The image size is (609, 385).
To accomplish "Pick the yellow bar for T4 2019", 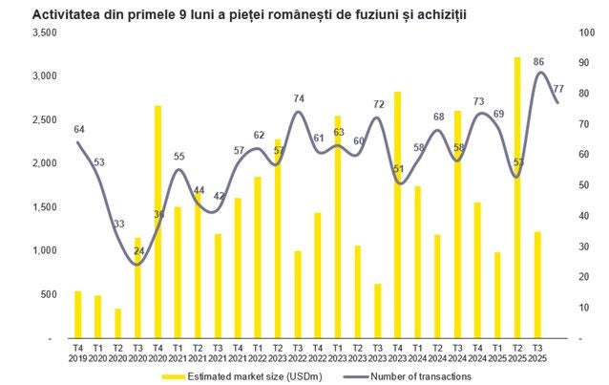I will pyautogui.click(x=78, y=314).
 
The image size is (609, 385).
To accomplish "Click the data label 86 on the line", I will pyautogui.click(x=538, y=62).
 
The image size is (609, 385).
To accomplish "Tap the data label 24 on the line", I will pyautogui.click(x=138, y=251).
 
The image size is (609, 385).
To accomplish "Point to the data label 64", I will pyautogui.click(x=79, y=129).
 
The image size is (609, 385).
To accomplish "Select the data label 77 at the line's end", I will pyautogui.click(x=558, y=89).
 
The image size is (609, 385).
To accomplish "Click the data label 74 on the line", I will pyautogui.click(x=299, y=98).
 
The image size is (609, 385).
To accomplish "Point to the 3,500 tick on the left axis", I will pyautogui.click(x=45, y=33).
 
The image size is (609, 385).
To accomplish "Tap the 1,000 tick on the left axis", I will pyautogui.click(x=45, y=251).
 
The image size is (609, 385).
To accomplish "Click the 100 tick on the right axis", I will pyautogui.click(x=583, y=33).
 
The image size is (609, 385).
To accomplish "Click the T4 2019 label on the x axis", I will pyautogui.click(x=78, y=353).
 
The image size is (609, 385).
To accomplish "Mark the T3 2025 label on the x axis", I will pyautogui.click(x=537, y=353).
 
